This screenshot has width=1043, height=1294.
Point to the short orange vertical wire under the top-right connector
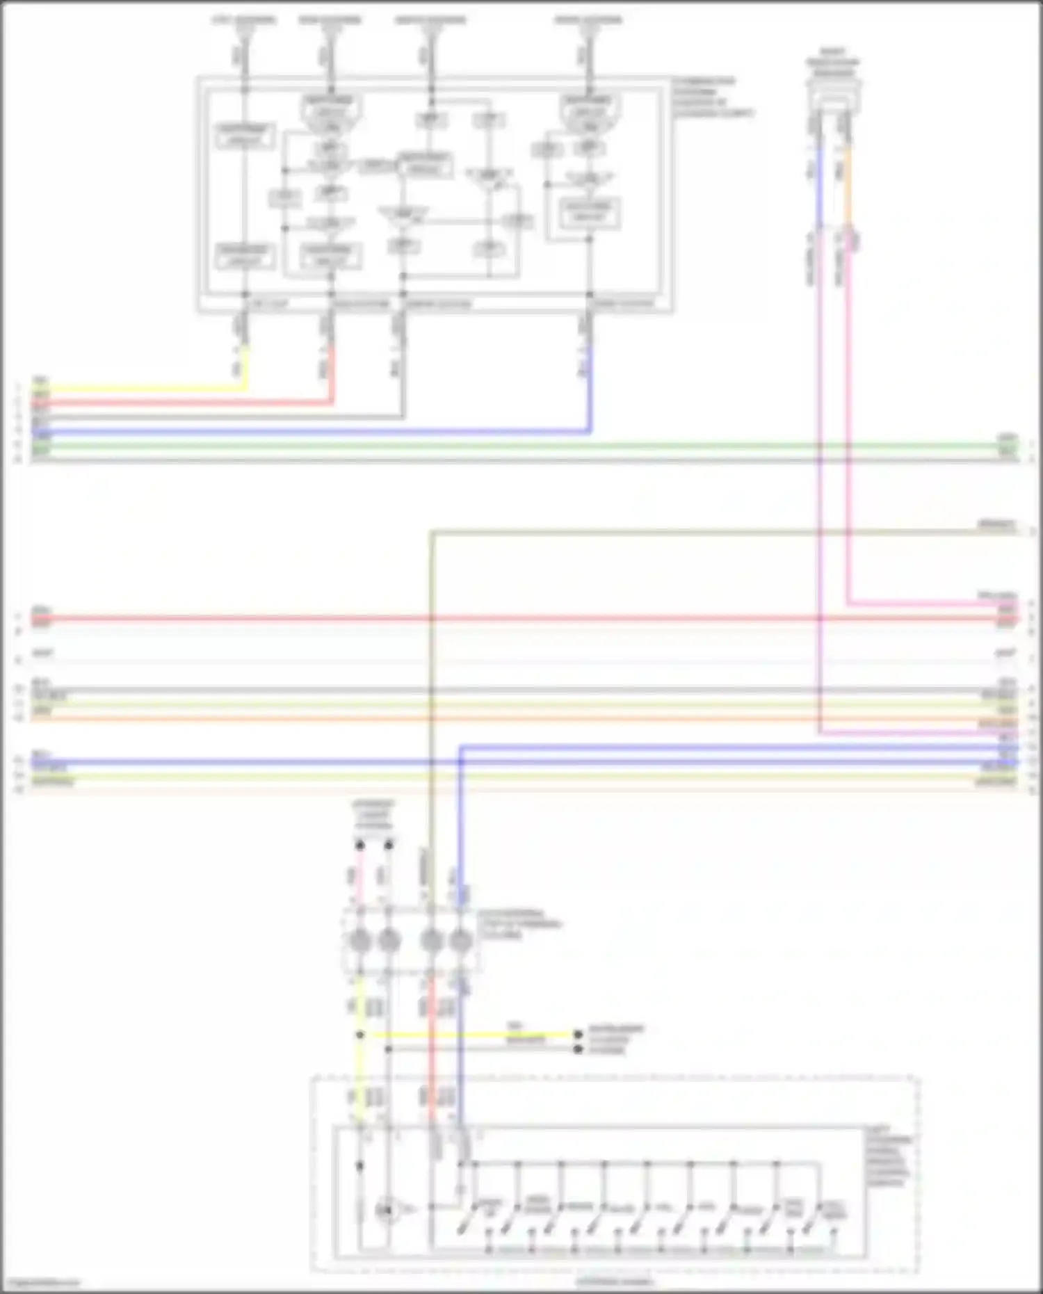tap(848, 188)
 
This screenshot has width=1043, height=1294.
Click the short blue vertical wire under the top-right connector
tap(820, 188)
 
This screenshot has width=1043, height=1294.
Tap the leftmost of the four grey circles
tap(359, 941)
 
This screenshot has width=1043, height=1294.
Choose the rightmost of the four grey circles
tap(460, 941)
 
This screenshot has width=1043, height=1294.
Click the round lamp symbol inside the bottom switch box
tap(385, 1211)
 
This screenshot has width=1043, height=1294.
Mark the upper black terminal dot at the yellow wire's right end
tap(578, 1035)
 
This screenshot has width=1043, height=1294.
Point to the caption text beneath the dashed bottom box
tap(615, 1281)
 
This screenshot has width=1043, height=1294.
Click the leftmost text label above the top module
tap(243, 19)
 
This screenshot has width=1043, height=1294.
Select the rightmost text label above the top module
tap(588, 19)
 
